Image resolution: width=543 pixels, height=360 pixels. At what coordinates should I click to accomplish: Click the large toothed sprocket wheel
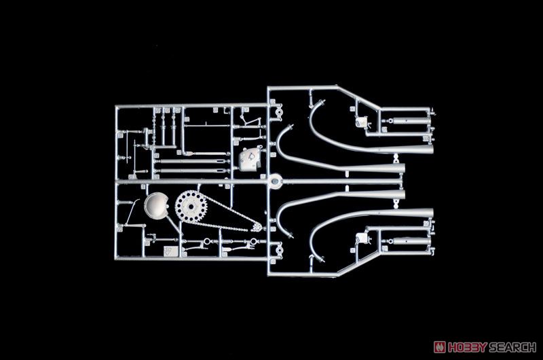click(x=191, y=206)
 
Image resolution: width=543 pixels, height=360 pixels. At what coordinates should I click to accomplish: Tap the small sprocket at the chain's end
click(x=257, y=228)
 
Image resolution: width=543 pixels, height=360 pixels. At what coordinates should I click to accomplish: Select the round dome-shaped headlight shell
click(x=156, y=205)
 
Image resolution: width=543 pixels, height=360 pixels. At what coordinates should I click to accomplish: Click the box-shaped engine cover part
click(x=250, y=159)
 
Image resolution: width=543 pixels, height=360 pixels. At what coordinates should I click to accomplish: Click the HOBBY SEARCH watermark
click(x=485, y=347)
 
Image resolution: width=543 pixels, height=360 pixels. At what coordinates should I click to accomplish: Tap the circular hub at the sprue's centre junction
click(x=276, y=181)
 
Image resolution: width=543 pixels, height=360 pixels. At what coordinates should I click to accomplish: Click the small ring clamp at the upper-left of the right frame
click(x=279, y=111)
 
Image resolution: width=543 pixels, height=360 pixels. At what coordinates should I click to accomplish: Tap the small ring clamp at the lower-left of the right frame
click(x=279, y=250)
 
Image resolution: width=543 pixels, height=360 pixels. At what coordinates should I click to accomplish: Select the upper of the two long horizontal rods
click(x=192, y=162)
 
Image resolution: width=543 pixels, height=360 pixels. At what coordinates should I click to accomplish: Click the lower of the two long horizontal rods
click(x=192, y=170)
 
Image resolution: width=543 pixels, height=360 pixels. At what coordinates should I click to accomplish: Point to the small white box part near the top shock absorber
click(x=362, y=122)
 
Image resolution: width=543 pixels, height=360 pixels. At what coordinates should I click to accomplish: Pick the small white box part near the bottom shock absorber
click(x=362, y=238)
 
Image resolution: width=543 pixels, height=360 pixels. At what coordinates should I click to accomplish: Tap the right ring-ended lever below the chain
click(x=242, y=245)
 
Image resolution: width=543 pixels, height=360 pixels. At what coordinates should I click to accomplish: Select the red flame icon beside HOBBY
click(x=440, y=347)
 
